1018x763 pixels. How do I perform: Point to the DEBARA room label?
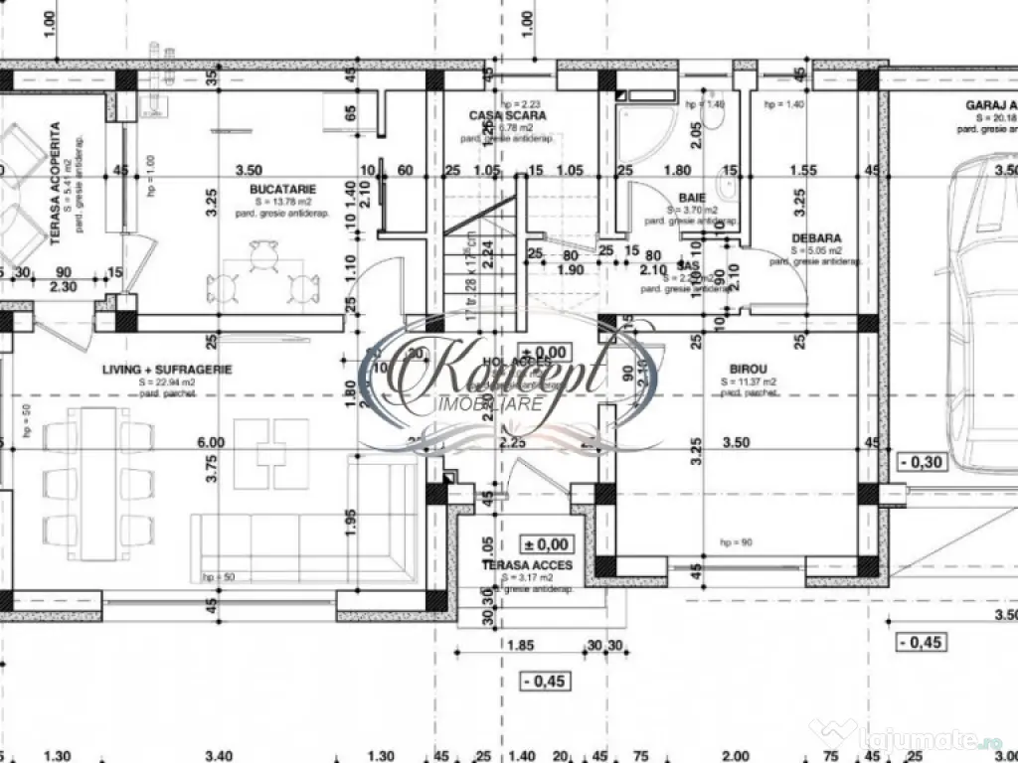pos(816,238)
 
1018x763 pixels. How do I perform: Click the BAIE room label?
pos(692,199)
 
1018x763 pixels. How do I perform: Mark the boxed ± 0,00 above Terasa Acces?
pos(546,543)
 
